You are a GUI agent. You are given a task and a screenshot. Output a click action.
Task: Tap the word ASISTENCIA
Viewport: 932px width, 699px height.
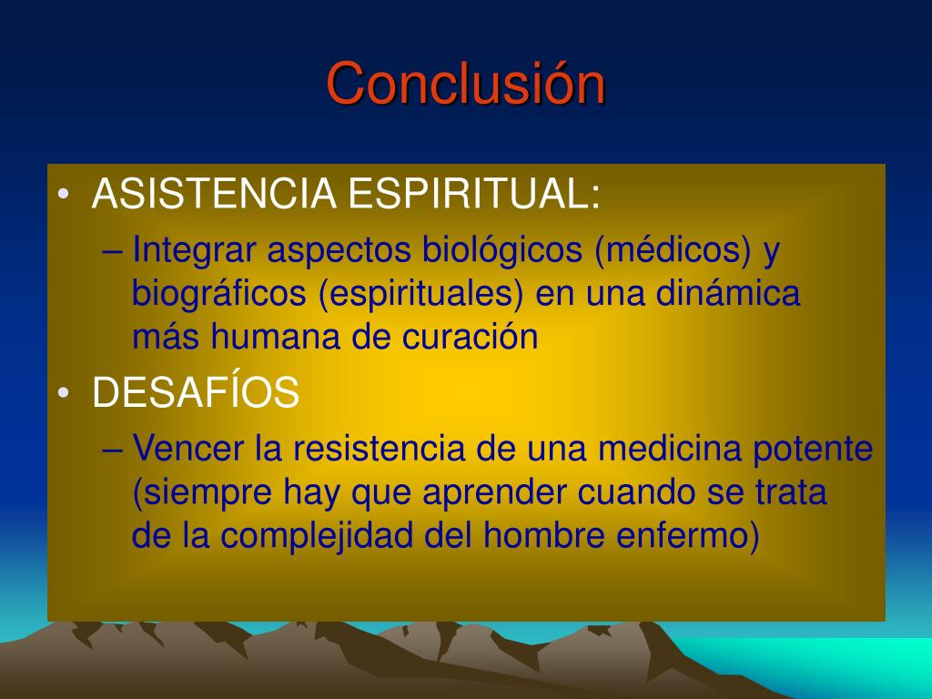click(x=214, y=193)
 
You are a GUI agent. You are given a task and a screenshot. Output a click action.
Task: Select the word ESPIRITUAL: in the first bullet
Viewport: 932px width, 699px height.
click(x=473, y=193)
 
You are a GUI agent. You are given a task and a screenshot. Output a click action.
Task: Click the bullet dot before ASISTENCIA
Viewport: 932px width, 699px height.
click(x=64, y=195)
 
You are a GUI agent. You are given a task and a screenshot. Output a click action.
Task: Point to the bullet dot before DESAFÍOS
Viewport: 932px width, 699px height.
click(x=64, y=393)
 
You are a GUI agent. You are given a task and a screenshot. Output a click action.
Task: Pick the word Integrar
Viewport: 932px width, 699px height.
click(x=194, y=249)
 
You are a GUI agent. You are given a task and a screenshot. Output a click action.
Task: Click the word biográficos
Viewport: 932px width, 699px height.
click(x=218, y=293)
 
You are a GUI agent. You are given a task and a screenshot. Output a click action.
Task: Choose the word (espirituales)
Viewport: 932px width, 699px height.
click(x=420, y=293)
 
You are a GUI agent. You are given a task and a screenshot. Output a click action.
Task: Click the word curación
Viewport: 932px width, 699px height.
click(x=471, y=337)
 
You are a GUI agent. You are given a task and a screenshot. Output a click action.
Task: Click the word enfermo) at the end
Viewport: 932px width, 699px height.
click(x=688, y=535)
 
